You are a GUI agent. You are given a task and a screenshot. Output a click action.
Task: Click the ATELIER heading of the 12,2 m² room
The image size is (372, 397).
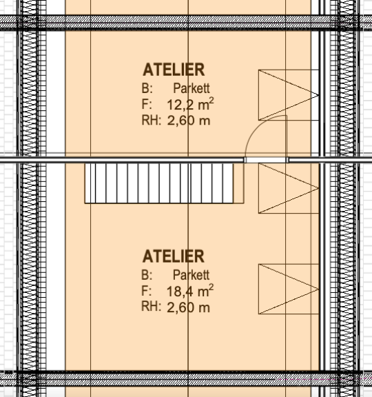pyautogui.click(x=174, y=70)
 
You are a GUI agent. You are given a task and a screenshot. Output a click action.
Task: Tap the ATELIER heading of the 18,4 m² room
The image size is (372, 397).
pyautogui.click(x=174, y=256)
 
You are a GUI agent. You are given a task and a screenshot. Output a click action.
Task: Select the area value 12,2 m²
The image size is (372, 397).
pyautogui.click(x=190, y=104)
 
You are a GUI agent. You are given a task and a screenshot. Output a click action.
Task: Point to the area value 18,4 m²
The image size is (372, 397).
pyautogui.click(x=190, y=291)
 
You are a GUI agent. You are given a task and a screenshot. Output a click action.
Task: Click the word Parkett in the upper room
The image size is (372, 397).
pyautogui.click(x=192, y=88)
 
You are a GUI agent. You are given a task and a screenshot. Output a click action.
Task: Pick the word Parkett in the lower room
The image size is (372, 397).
pyautogui.click(x=192, y=275)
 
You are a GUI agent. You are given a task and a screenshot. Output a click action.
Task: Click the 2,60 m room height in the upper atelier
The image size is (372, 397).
pyautogui.click(x=189, y=121)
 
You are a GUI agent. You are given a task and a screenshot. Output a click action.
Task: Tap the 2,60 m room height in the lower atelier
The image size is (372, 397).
pyautogui.click(x=189, y=307)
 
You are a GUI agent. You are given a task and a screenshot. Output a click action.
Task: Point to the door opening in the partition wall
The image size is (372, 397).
pyautogui.click(x=266, y=160)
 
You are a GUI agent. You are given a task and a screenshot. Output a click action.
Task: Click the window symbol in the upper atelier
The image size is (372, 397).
pyautogui.click(x=289, y=95)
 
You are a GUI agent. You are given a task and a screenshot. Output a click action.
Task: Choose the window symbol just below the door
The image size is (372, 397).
pyautogui.click(x=289, y=188)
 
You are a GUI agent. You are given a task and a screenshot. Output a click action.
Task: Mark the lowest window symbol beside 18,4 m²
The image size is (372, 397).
pyautogui.click(x=289, y=289)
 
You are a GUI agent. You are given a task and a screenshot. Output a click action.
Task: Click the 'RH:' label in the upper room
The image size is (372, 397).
pyautogui.click(x=152, y=120)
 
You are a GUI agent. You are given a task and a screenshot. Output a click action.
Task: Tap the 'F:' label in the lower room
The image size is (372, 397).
pyautogui.click(x=147, y=291)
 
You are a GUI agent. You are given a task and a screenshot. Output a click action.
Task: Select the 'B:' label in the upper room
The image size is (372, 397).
pyautogui.click(x=147, y=88)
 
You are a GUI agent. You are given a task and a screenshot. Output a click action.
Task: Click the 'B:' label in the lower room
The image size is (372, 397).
pyautogui.click(x=147, y=275)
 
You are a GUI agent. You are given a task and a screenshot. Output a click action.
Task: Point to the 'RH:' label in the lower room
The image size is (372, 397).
pyautogui.click(x=151, y=306)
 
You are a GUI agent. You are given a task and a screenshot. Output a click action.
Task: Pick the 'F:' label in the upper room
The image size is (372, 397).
pyautogui.click(x=147, y=104)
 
